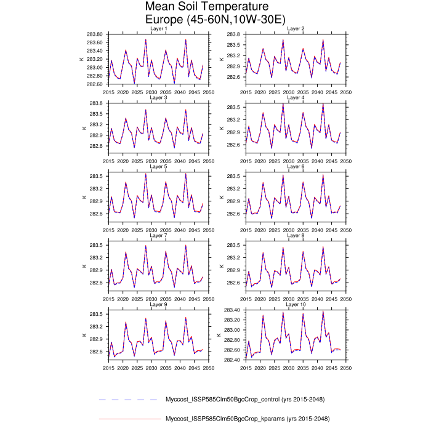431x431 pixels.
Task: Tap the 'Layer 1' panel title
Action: point(158,29)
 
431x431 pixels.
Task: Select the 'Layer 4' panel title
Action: point(296,98)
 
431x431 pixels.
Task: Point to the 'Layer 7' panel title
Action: point(158,236)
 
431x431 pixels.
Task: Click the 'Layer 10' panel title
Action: point(296,305)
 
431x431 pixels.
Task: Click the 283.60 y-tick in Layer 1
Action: point(94,34)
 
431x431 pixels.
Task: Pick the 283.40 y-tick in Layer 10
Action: point(232,310)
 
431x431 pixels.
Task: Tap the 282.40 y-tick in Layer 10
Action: point(232,360)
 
